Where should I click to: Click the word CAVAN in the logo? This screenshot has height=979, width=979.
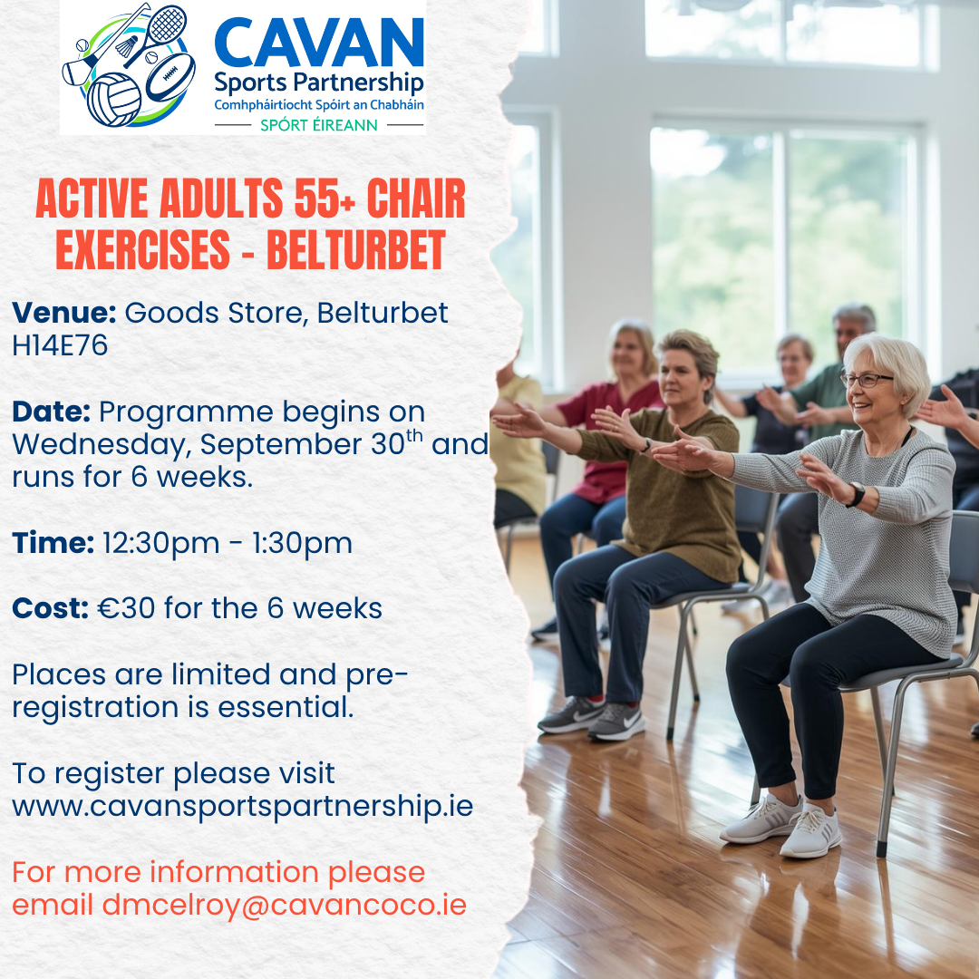tap(319, 43)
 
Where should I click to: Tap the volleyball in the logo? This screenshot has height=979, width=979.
tap(113, 100)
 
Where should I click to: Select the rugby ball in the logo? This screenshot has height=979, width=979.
tap(170, 77)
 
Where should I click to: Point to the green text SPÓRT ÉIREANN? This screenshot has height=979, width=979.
tap(319, 125)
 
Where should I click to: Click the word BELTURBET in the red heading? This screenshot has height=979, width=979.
tap(356, 250)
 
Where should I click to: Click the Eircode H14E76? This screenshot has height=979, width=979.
tap(60, 345)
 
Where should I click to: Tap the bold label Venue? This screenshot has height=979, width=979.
tap(64, 312)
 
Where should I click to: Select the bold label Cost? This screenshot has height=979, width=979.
tap(51, 608)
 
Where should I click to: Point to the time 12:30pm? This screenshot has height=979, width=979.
tap(161, 543)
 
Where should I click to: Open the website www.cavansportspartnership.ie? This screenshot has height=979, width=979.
tap(242, 807)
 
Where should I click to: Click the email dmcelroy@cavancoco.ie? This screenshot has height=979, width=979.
tap(284, 906)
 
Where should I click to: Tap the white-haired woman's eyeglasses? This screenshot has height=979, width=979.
tap(866, 379)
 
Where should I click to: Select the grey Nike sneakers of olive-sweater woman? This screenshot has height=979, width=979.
tap(591, 717)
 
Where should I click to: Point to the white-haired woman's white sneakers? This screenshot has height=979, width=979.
tap(781, 825)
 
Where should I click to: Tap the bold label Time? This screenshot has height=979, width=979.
tap(53, 543)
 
